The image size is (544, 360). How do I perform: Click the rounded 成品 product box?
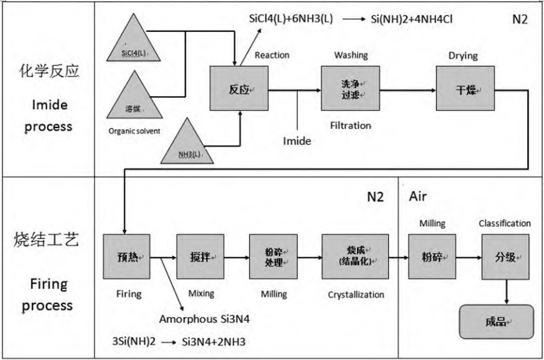coord(496,320)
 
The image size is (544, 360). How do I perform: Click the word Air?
coord(418,196)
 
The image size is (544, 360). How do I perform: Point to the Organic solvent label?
coord(134,132)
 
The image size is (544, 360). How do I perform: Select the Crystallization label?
coord(356,294)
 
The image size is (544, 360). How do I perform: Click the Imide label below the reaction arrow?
coord(297,141)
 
